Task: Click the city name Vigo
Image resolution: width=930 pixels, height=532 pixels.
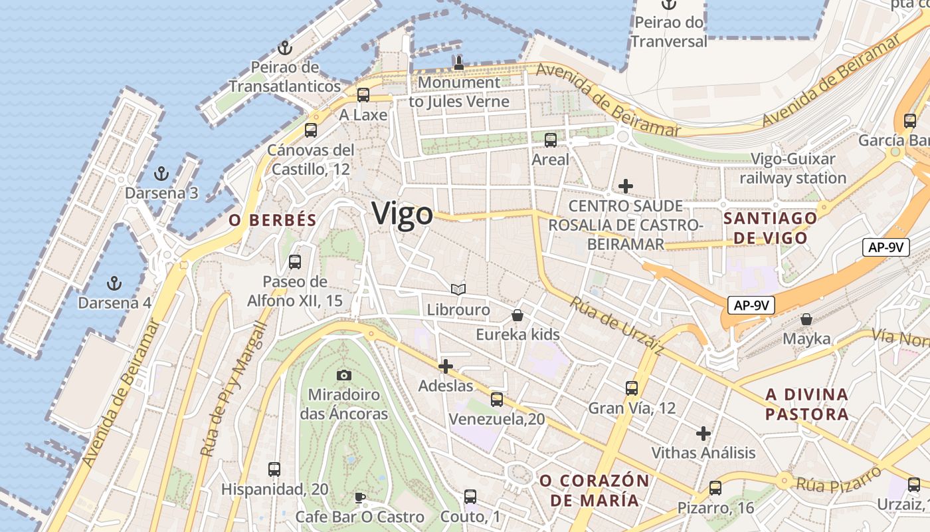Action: point(402,214)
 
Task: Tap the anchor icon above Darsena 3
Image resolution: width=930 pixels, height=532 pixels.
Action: point(161,174)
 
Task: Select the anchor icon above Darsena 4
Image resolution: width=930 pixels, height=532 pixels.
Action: point(114,283)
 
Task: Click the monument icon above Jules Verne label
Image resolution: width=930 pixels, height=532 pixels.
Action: point(458,63)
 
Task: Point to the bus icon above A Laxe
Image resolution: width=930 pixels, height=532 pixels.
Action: point(363,94)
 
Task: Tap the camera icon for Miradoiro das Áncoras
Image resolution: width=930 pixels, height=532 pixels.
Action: point(343,375)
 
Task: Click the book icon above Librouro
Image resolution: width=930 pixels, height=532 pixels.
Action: point(458,289)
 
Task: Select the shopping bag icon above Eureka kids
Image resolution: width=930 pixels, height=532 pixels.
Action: point(517,315)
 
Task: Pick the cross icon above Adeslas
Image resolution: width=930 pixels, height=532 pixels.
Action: point(446,366)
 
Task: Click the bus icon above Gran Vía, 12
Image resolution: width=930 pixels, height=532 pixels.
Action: point(632,388)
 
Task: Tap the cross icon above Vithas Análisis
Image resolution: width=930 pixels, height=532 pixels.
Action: point(703,434)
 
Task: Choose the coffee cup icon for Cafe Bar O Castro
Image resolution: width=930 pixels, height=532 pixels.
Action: point(359,497)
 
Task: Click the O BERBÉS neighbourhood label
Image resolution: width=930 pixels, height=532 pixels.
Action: point(272,221)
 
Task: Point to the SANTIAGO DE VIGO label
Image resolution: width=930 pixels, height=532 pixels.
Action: point(770,228)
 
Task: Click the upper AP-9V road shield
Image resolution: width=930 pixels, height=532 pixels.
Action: point(885,247)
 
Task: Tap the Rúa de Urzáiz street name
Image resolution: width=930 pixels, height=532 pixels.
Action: point(617,326)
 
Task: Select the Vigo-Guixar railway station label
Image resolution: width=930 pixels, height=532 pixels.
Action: point(792,168)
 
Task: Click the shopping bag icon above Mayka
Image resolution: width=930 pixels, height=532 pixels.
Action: point(806,319)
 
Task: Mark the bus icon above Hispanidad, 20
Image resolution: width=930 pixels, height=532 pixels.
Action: point(274,469)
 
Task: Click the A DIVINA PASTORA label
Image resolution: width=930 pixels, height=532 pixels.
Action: point(806,404)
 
